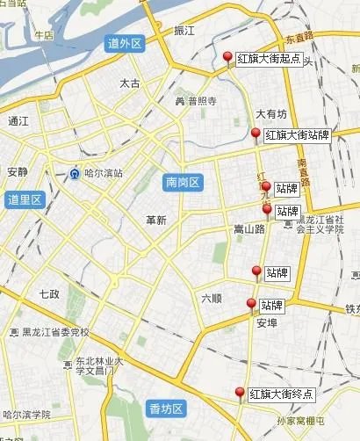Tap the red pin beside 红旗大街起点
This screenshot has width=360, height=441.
click(228, 59)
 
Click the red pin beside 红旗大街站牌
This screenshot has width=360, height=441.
click(256, 134)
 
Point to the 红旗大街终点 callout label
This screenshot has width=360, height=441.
click(281, 393)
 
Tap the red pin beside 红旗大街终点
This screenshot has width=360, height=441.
click(240, 393)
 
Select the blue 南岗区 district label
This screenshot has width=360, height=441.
click(184, 183)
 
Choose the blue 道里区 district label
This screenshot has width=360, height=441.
click(25, 199)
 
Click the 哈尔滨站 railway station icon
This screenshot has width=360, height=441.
click(76, 173)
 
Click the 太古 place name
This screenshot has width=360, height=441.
click(129, 83)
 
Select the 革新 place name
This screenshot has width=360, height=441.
click(156, 220)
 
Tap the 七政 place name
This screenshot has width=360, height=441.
click(49, 293)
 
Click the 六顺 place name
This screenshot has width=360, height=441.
click(212, 298)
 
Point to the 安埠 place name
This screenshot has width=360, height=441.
click(267, 323)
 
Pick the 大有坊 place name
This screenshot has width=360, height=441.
click(271, 113)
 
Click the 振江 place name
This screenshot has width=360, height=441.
click(184, 31)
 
